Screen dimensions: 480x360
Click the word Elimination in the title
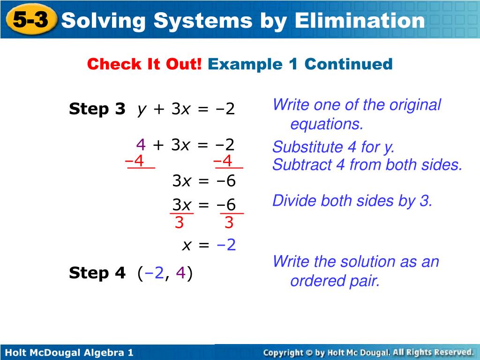point(360,21)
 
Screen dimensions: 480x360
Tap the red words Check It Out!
point(144,64)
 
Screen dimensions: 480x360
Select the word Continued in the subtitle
point(348,64)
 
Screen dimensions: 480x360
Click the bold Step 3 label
point(97,109)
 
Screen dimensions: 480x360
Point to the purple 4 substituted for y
point(141,144)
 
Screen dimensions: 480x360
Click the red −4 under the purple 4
point(135,161)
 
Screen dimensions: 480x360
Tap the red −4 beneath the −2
point(223,161)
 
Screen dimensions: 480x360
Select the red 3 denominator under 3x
point(179,223)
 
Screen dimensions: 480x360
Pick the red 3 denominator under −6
point(229,223)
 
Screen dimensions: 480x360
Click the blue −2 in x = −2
point(226,245)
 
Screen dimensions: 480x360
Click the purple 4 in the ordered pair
point(180,273)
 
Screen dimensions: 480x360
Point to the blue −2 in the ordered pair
point(154,273)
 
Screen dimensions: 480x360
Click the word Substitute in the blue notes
point(307,147)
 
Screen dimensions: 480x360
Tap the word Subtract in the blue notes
point(302,165)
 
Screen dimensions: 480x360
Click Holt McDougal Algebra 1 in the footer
point(69,352)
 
